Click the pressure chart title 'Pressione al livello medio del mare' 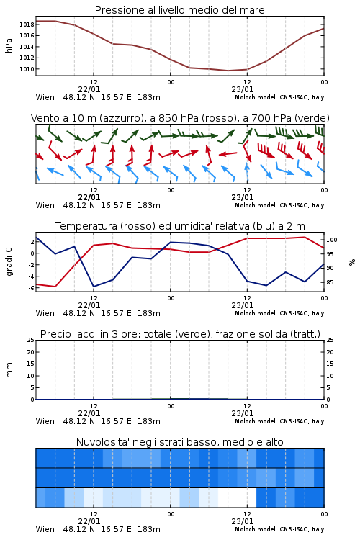pyautogui.click(x=179, y=10)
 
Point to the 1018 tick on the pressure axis pyautogui.click(x=27, y=24)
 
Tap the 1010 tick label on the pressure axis pyautogui.click(x=27, y=69)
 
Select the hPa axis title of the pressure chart pyautogui.click(x=9, y=45)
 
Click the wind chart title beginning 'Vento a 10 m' pyautogui.click(x=180, y=118)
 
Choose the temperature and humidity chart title pyautogui.click(x=180, y=226)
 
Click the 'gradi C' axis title pyautogui.click(x=9, y=262)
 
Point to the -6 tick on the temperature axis pyautogui.click(x=31, y=288)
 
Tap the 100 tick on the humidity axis pyautogui.click(x=332, y=240)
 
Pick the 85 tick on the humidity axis pyautogui.click(x=330, y=282)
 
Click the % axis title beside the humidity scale pyautogui.click(x=352, y=262)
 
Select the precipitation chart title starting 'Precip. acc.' pyautogui.click(x=180, y=334)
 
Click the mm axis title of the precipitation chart pyautogui.click(x=9, y=370)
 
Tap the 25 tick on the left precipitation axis pyautogui.click(x=31, y=341)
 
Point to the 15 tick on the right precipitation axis pyautogui.click(x=330, y=364)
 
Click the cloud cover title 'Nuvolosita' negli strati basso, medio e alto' pyautogui.click(x=179, y=442)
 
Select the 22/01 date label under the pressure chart pyautogui.click(x=89, y=89)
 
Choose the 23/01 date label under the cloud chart pyautogui.click(x=242, y=521)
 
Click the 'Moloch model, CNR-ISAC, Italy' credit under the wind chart pyautogui.click(x=279, y=206)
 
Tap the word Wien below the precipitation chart pyautogui.click(x=45, y=421)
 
